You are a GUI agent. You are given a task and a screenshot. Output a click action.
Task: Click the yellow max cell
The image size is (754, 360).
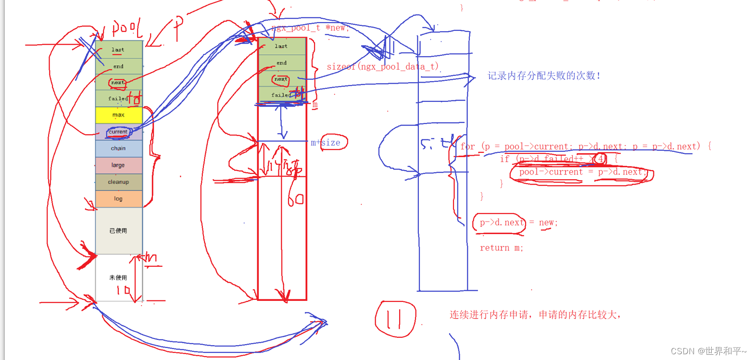[119, 115]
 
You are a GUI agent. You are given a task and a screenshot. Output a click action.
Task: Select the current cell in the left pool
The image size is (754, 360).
[118, 132]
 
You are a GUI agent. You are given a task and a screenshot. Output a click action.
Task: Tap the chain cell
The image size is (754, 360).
[118, 149]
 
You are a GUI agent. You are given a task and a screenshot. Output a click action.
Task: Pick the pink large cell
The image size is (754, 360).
[118, 165]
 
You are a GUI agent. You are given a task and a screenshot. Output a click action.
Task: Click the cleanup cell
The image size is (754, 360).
[118, 182]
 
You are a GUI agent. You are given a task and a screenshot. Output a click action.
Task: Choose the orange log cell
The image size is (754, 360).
[118, 199]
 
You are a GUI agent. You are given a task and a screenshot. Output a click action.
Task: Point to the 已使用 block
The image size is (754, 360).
[118, 231]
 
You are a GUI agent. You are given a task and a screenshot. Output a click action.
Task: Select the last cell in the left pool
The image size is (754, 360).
[118, 50]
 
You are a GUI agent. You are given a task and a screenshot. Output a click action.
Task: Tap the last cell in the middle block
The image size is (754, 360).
[281, 46]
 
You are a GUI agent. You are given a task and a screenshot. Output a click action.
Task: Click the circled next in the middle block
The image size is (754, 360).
[281, 79]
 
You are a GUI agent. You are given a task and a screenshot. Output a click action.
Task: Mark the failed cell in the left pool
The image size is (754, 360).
[118, 99]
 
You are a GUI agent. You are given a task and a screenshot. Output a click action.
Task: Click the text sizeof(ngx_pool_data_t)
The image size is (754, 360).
[383, 67]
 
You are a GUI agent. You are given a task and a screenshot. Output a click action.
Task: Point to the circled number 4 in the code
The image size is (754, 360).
[600, 159]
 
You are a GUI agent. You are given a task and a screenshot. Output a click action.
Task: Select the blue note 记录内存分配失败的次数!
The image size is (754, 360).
[544, 76]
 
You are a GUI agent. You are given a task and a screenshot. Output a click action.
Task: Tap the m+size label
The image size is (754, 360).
[326, 142]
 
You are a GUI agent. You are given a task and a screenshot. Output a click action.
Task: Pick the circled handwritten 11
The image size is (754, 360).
[396, 318]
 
